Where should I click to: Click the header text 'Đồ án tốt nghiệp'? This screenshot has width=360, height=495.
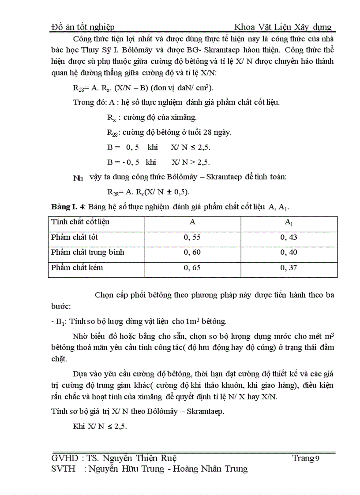point(82,27)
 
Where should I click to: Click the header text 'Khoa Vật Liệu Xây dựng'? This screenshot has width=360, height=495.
point(282,27)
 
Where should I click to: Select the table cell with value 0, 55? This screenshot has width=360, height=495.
point(192,238)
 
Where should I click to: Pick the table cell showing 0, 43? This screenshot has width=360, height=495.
point(289,238)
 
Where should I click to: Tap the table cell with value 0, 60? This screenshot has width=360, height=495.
point(192,253)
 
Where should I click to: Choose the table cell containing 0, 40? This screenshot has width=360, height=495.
point(289,253)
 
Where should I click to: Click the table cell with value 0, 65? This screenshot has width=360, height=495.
point(192,268)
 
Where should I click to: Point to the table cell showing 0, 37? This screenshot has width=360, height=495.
point(289,268)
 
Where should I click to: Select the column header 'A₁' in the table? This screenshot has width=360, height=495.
point(289,223)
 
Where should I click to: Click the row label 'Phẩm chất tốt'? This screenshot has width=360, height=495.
point(75,238)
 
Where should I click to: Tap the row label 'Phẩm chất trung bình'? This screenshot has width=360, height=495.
point(87,253)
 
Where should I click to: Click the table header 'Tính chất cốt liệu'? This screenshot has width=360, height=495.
point(80,222)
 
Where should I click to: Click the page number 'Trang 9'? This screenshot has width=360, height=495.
point(305,458)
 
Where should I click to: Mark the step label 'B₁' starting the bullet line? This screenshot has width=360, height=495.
point(58,322)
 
